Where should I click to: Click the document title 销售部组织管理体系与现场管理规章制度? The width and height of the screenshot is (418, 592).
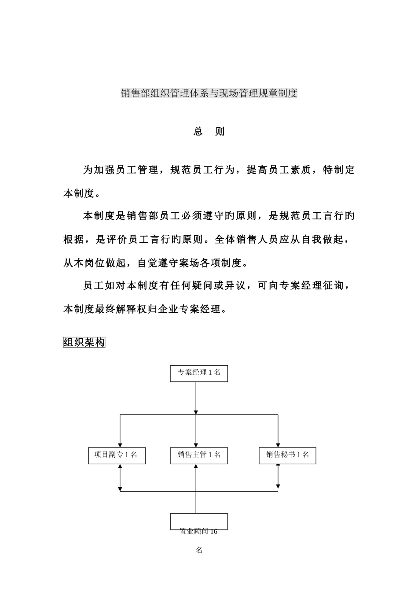pyautogui.click(x=209, y=93)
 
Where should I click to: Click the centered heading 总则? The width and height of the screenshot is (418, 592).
pyautogui.click(x=209, y=132)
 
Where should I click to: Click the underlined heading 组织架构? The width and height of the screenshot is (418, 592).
pyautogui.click(x=84, y=342)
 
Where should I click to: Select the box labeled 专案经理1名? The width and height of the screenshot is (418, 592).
pyautogui.click(x=199, y=373)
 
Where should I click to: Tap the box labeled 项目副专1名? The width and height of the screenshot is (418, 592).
pyautogui.click(x=117, y=455)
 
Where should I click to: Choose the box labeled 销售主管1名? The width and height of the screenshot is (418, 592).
pyautogui.click(x=199, y=455)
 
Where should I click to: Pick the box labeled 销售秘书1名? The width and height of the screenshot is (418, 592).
pyautogui.click(x=287, y=455)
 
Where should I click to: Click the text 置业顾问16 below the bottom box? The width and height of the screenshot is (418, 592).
pyautogui.click(x=198, y=532)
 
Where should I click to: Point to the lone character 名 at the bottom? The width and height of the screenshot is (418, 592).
pyautogui.click(x=199, y=550)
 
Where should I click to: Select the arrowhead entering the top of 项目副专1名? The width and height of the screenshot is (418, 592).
pyautogui.click(x=120, y=444)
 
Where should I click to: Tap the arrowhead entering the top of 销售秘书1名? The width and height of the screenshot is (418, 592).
pyautogui.click(x=278, y=444)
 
